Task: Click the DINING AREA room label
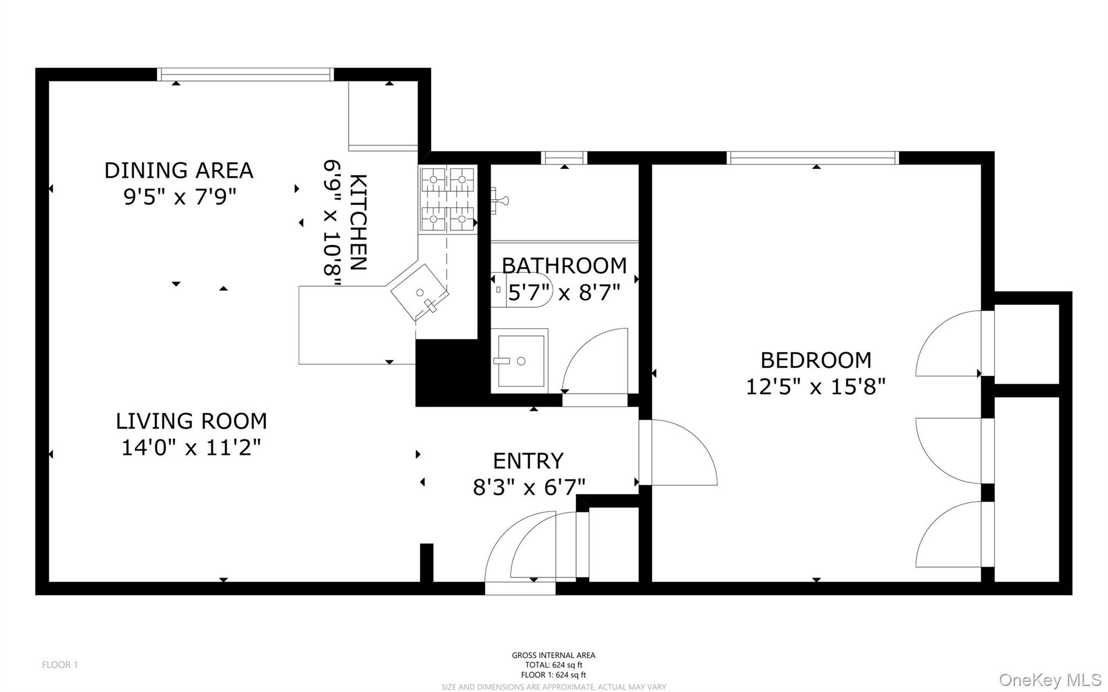click(x=179, y=170)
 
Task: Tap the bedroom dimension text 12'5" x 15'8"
click(x=815, y=387)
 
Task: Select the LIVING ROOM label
click(x=191, y=421)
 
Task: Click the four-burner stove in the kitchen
click(x=447, y=200)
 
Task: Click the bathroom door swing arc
click(x=595, y=360)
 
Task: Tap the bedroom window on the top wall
click(x=813, y=158)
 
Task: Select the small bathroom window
click(x=564, y=158)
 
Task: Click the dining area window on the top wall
click(x=245, y=75)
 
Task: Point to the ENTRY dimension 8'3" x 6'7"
click(x=529, y=487)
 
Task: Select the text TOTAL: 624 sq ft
click(x=553, y=665)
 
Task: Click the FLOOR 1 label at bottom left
click(x=60, y=665)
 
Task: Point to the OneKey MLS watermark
click(x=1050, y=680)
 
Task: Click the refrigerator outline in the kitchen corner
click(x=383, y=115)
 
